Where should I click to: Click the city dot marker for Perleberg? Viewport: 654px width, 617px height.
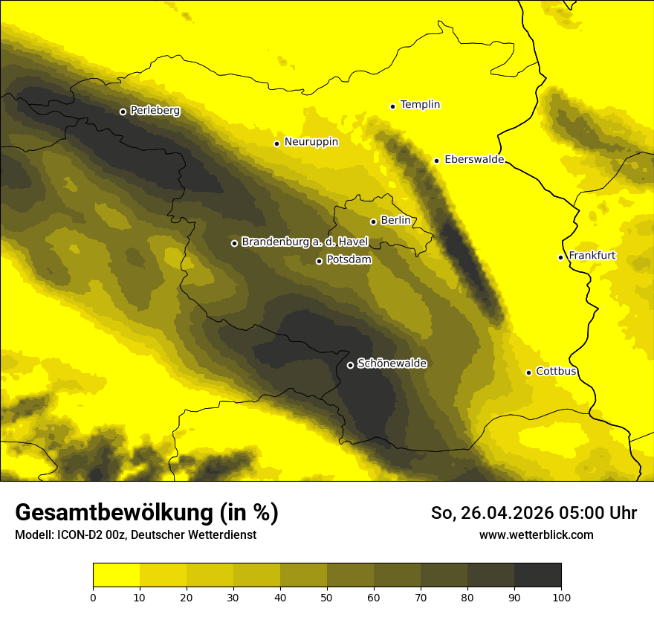coord(123,112)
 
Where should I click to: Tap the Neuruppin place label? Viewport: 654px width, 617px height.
coord(311,142)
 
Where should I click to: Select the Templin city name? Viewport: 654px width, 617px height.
coord(420,105)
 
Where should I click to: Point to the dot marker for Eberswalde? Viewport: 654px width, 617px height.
coord(437,161)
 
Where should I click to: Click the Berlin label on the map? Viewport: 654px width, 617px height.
coord(395,221)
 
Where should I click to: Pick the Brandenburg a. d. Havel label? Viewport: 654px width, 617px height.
coord(305,242)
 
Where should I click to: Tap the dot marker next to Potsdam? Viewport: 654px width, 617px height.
coord(320,261)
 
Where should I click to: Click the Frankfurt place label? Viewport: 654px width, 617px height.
coord(592,256)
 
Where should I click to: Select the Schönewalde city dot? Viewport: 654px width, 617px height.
coord(351,365)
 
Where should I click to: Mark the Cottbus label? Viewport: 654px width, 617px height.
coord(556,371)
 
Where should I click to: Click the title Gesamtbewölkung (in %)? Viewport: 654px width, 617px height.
coord(146,513)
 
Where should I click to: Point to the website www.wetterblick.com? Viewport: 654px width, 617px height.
coord(537,534)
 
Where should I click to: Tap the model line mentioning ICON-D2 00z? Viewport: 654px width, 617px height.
coord(135,535)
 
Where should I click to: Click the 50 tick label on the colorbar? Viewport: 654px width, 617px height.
coord(327,596)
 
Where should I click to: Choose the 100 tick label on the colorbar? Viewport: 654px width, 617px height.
coord(561,596)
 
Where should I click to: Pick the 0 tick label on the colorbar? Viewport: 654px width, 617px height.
coord(93,596)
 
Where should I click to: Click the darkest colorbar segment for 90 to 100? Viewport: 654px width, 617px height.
coord(537,575)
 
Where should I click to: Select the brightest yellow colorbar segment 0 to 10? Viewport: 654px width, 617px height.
coord(116,575)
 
